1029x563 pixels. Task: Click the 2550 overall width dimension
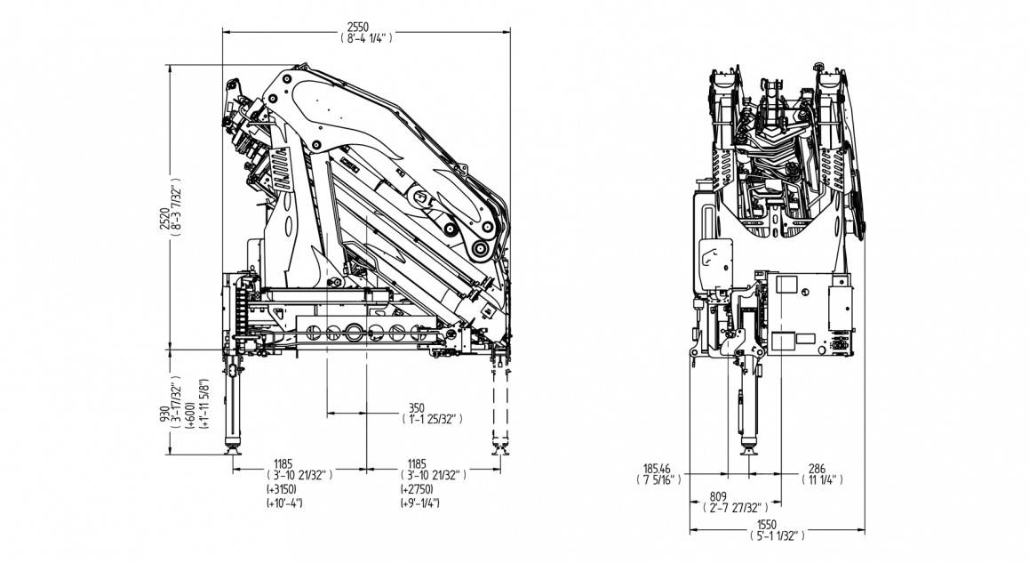[x=365, y=27]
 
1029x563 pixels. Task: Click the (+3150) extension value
[x=281, y=490]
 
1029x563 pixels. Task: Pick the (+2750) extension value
[x=416, y=490]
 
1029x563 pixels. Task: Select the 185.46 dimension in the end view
[x=658, y=468]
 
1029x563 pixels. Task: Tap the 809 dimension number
[x=719, y=496]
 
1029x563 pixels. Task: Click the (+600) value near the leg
[x=192, y=416]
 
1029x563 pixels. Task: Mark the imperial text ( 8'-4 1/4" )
[x=365, y=38]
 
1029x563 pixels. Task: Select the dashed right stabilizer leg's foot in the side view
[x=498, y=450]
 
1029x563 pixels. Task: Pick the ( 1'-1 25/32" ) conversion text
[x=434, y=418]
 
